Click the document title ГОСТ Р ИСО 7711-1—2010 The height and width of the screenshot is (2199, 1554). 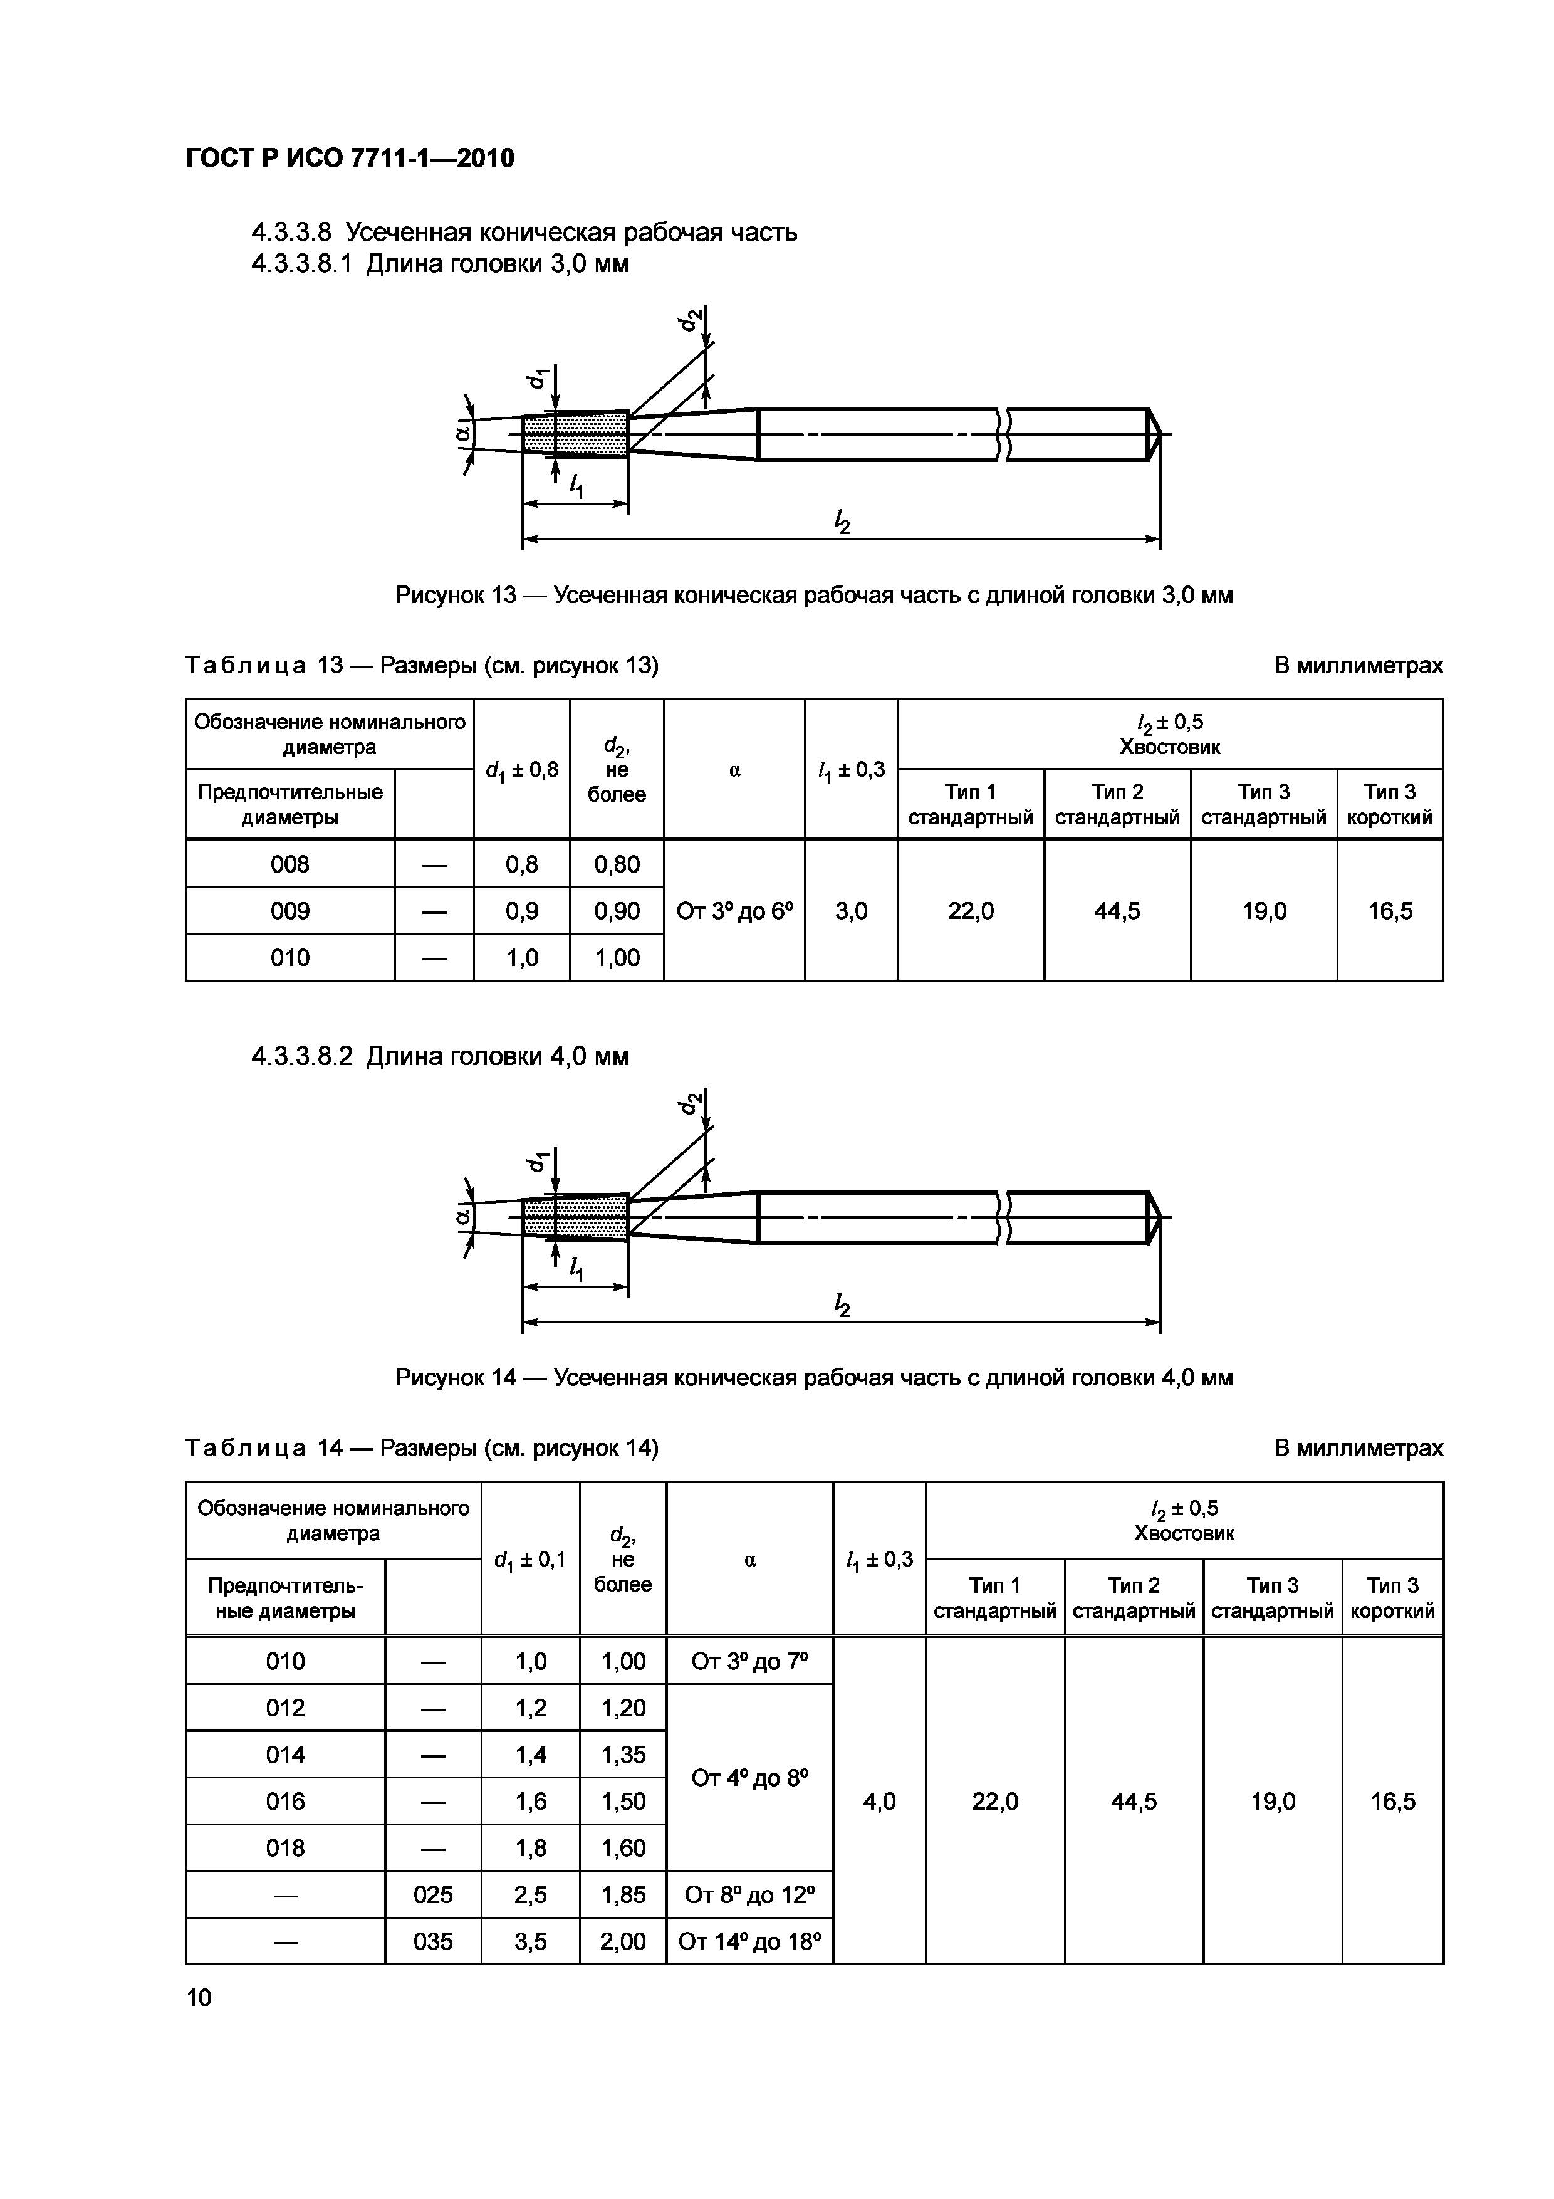coord(350,158)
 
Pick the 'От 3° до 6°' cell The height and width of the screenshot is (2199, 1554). coord(734,911)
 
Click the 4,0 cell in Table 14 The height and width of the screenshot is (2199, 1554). coord(879,1802)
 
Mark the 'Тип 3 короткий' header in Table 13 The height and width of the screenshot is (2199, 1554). coord(1389,804)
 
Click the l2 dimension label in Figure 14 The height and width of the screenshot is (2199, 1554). coord(843,1304)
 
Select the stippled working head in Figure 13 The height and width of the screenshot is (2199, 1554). coord(575,435)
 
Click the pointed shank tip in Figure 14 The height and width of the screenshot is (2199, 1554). coord(1155,1218)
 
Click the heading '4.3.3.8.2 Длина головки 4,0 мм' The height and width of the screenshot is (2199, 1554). coord(441,1056)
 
